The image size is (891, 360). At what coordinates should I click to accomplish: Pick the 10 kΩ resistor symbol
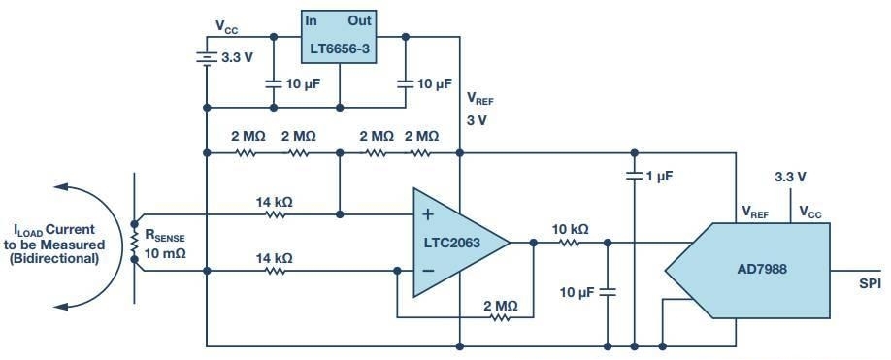point(570,243)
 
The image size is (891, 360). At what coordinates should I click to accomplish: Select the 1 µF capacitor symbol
point(634,176)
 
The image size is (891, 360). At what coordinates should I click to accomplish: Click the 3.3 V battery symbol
point(206,57)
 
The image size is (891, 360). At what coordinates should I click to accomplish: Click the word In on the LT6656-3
point(311,20)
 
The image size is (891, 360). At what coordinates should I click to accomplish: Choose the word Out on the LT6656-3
point(360,20)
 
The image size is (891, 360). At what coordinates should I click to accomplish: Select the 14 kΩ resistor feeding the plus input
point(275,214)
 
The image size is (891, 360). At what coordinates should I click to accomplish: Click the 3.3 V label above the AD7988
point(791,178)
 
